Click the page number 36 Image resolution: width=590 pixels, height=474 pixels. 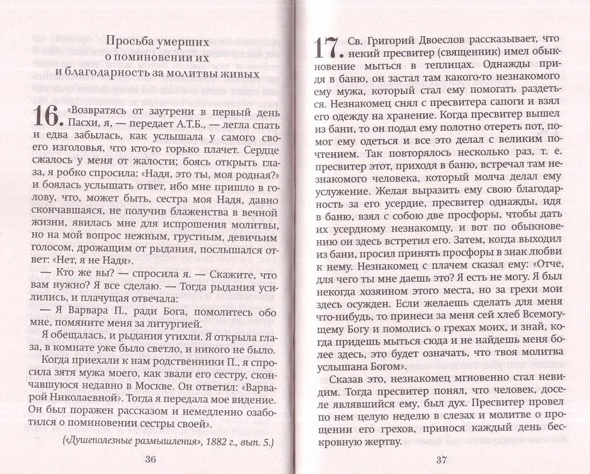[150, 459]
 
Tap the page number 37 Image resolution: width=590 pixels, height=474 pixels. [441, 459]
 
